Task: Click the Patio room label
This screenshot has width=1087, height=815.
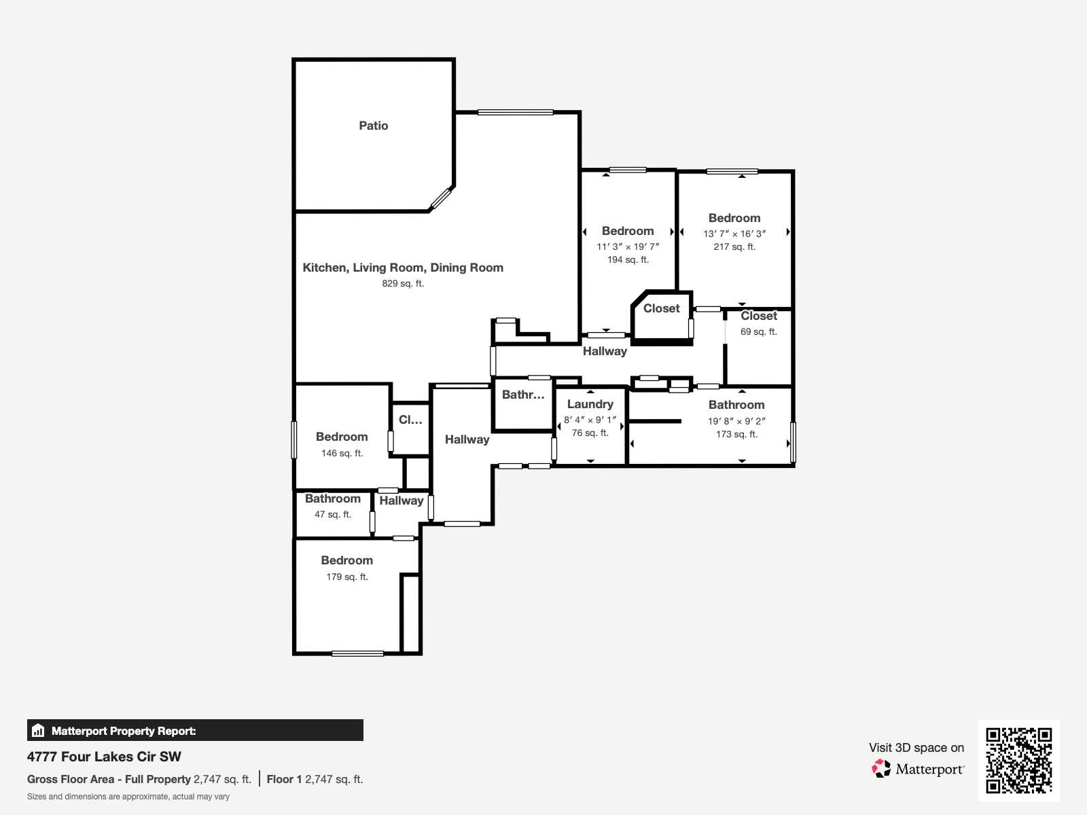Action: coord(374,126)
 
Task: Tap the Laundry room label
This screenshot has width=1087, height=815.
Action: coord(590,404)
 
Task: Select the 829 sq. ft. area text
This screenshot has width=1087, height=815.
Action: coord(403,283)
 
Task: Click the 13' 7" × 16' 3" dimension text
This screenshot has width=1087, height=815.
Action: coord(734,234)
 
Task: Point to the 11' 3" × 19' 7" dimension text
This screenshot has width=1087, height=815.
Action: coord(628,247)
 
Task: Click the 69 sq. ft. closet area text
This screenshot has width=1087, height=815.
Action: coord(758,331)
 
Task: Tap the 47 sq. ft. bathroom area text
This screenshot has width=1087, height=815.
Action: coord(333,514)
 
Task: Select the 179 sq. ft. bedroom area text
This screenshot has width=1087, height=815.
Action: coord(346,577)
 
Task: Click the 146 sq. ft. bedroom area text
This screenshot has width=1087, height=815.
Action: coord(342,453)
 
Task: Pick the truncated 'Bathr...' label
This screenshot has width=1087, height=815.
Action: coord(523,395)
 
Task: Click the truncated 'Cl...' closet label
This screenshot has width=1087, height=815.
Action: coord(410,420)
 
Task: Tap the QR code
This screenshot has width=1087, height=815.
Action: coord(1018,761)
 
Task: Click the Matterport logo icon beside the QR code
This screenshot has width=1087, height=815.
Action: coord(881,769)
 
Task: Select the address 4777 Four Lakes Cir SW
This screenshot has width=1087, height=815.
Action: coord(104,757)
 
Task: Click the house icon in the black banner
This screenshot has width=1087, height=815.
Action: coord(38,730)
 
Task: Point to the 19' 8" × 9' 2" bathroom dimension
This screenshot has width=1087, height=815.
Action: coord(736,421)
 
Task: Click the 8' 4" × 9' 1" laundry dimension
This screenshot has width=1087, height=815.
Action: coord(590,420)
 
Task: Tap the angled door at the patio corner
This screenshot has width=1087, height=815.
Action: coord(440,199)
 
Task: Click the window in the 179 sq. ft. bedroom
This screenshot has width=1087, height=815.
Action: coord(357,653)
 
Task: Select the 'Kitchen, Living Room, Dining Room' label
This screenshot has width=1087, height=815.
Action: coord(403,268)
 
